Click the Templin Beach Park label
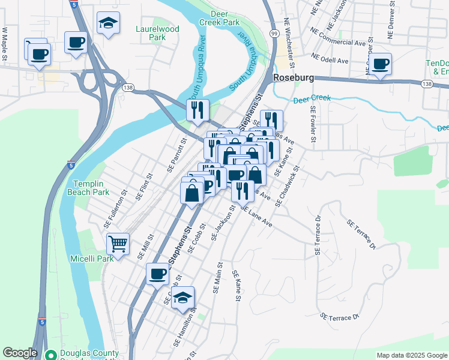91,188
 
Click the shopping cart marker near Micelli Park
118,244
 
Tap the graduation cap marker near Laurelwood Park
108,23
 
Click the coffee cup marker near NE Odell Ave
380,63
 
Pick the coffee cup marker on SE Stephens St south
158,274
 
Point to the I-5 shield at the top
73,4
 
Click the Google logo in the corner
20,353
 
